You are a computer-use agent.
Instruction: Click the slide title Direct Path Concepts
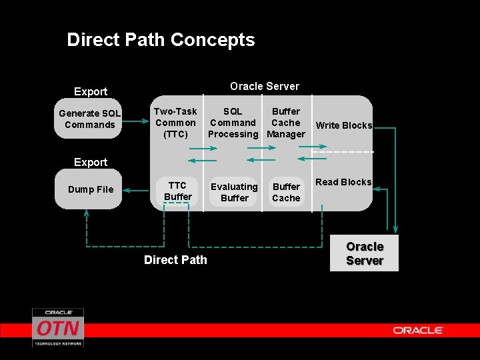point(161,40)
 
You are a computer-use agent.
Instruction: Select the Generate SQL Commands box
point(89,119)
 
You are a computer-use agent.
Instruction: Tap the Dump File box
point(91,189)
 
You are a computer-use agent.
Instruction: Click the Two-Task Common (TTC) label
point(175,123)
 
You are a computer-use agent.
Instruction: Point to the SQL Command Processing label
point(233,123)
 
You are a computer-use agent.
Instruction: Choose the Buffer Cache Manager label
point(286,123)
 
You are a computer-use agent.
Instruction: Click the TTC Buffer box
point(178,191)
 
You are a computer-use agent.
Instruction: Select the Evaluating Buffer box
point(234,193)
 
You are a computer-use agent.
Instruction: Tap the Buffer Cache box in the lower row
point(286,193)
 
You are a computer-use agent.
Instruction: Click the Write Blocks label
point(343,125)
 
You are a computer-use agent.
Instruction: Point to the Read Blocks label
point(343,182)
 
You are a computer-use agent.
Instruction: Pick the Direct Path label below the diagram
point(175,260)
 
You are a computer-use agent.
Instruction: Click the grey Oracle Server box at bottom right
point(364,253)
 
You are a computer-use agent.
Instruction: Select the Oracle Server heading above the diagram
point(265,86)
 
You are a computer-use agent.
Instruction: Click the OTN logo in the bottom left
point(58,327)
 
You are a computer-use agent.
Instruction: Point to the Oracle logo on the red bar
point(418,330)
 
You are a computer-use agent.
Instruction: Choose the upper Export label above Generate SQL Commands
point(91,91)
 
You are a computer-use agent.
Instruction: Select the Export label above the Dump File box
point(91,162)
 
